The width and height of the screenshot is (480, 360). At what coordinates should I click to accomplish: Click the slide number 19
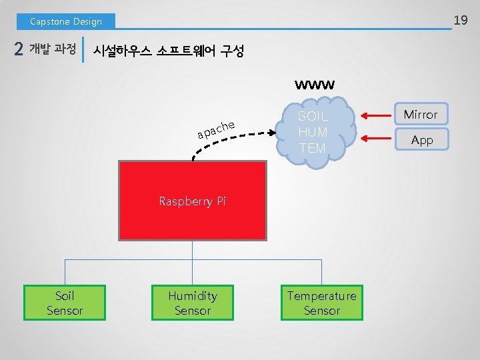point(460,21)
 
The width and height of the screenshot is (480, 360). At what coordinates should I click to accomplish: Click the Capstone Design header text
point(65,21)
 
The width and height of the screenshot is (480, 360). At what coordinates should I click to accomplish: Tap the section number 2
point(19,51)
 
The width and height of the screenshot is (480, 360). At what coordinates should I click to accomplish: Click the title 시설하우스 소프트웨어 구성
point(168,51)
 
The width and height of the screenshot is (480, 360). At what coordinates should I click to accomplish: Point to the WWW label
point(315,85)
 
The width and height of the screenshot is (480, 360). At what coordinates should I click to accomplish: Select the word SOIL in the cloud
point(313,116)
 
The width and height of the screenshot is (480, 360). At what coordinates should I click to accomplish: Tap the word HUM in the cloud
point(313,132)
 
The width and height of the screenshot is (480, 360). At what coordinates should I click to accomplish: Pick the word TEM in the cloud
point(313,148)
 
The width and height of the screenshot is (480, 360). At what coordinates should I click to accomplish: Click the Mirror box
point(421,115)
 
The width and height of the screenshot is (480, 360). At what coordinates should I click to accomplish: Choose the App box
point(421,140)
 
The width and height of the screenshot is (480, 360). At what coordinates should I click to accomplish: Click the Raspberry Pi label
point(192,201)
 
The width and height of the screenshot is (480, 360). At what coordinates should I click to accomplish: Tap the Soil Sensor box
point(65,303)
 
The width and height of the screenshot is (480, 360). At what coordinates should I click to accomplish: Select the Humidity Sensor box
point(192,303)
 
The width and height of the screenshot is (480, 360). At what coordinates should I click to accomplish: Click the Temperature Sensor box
point(321,303)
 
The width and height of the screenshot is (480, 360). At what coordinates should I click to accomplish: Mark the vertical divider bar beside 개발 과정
point(83,49)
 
